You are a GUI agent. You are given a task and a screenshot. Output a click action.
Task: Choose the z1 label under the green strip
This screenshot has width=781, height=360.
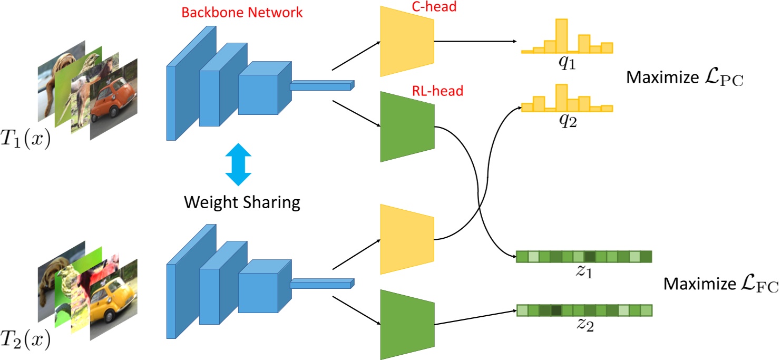(583, 274)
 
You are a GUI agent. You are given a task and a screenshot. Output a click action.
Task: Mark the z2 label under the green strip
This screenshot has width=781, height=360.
(583, 325)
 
